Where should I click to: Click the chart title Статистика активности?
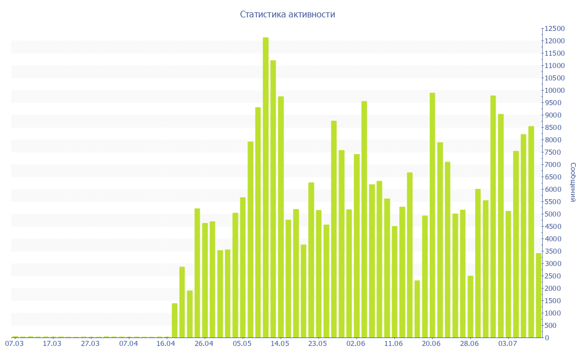coord(287,15)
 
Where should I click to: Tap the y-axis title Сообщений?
coord(572,182)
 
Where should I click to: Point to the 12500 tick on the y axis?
coord(554,29)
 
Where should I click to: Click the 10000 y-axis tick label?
coord(554,91)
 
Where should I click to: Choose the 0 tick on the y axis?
coord(546,338)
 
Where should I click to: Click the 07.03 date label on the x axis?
coord(14,344)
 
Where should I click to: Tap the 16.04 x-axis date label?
coord(166,344)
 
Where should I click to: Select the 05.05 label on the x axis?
coord(242,344)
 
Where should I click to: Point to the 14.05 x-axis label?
coord(280,344)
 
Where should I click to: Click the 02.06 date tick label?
coord(355,344)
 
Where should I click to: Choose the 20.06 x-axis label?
coord(431,344)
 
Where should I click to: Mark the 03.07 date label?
coord(507,344)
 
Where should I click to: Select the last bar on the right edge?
coord(538,295)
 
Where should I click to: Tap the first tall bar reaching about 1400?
coord(174,320)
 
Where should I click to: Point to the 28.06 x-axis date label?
coord(469,344)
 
